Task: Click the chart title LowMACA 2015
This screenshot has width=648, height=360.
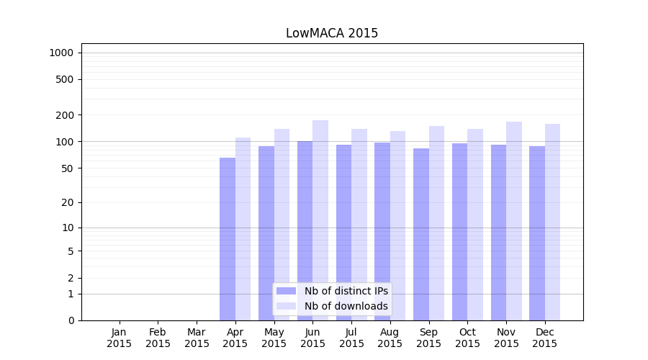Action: point(332,33)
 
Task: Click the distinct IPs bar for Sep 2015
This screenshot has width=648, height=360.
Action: point(421,234)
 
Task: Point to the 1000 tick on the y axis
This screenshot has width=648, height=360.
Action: point(61,53)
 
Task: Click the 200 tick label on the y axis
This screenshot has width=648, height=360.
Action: point(65,115)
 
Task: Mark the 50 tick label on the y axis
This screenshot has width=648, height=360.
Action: point(68,168)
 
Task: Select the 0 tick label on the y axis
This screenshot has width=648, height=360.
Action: point(71,320)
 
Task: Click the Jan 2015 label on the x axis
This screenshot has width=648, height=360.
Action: point(120,338)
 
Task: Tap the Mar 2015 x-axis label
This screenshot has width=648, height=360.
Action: point(197,338)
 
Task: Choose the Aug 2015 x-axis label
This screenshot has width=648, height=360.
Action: point(390,338)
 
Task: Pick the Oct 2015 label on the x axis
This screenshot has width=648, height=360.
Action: point(467,338)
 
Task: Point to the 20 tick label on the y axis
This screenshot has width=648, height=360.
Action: point(68,202)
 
